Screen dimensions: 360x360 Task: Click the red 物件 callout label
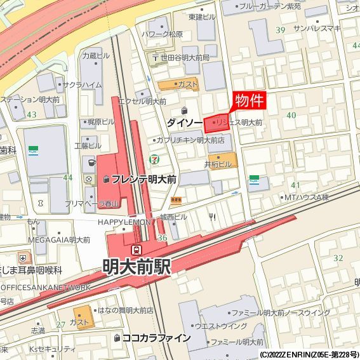click(248, 100)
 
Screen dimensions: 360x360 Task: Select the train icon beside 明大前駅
click(136, 250)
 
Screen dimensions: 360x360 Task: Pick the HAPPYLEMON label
click(124, 222)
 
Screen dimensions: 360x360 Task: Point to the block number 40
click(291, 115)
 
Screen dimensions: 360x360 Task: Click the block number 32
click(338, 258)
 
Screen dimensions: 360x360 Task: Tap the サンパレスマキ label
click(317, 29)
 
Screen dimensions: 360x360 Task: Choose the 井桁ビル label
click(218, 164)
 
